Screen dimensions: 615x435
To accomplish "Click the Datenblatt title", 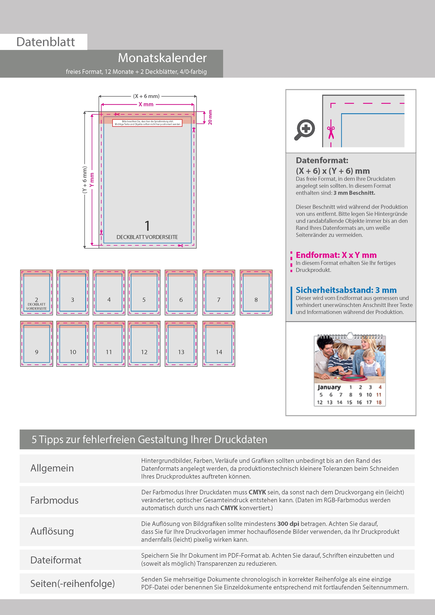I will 46,42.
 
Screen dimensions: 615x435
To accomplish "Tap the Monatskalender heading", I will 162,58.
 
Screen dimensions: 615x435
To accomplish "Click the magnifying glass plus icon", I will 305,130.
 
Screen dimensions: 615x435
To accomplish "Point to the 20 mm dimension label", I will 210,117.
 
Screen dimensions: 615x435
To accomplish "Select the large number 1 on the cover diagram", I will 147,226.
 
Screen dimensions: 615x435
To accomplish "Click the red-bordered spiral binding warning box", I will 147,123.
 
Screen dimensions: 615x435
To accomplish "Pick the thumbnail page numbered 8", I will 256,292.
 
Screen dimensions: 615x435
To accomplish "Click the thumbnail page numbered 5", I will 144,292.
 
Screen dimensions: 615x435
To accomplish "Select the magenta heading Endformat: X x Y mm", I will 336,255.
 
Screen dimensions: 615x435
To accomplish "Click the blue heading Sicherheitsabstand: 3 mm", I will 346,290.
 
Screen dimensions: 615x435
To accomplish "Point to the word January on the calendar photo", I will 329,387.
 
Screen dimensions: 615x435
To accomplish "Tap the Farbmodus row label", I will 54,500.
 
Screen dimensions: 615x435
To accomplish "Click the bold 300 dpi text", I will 288,524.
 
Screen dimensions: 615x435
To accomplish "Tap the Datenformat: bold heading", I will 322,160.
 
